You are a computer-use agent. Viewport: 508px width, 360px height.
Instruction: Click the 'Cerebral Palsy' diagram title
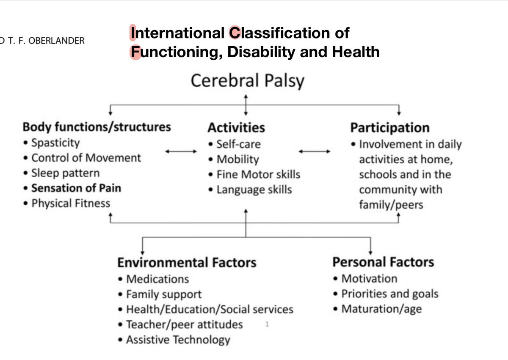click(x=247, y=80)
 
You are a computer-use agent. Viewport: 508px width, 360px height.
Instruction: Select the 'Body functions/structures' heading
click(x=97, y=127)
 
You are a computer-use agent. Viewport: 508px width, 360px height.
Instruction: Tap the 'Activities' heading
click(x=236, y=127)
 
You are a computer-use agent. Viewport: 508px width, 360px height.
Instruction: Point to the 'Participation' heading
click(x=389, y=128)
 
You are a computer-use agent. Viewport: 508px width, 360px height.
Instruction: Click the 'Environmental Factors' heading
click(x=187, y=262)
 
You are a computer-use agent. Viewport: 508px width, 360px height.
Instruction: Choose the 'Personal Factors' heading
click(x=383, y=262)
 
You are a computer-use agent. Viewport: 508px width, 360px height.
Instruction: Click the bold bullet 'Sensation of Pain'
click(x=76, y=188)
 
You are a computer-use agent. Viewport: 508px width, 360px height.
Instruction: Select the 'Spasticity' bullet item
click(x=55, y=143)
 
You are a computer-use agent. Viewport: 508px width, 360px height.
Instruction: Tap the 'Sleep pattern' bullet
click(x=66, y=173)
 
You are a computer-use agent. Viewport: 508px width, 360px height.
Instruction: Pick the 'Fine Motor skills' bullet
click(x=258, y=174)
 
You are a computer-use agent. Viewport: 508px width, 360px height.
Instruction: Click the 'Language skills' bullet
click(x=254, y=190)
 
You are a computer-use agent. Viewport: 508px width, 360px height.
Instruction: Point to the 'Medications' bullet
click(x=157, y=279)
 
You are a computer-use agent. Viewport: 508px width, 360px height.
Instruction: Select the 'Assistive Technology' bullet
click(x=178, y=340)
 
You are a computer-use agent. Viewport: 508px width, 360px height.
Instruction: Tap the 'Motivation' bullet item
click(x=369, y=279)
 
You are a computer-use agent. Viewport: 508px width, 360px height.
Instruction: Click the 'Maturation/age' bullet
click(x=381, y=309)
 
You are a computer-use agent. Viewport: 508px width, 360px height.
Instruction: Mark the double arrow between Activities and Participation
click(x=314, y=151)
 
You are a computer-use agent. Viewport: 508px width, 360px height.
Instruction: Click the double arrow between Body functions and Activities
click(x=181, y=151)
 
